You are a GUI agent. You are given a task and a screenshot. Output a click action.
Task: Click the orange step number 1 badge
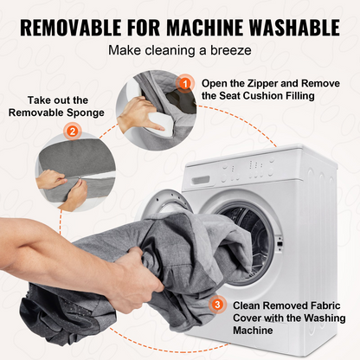point(185,84)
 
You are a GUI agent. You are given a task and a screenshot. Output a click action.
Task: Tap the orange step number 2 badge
point(73,132)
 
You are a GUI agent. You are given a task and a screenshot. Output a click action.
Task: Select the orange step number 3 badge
point(217,305)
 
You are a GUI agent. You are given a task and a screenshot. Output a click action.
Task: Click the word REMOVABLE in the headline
point(71,28)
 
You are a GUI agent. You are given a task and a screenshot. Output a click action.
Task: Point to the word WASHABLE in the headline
point(294,28)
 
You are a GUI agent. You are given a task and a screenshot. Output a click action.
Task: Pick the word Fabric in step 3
point(325,305)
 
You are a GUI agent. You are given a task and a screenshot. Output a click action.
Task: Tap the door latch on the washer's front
point(280,243)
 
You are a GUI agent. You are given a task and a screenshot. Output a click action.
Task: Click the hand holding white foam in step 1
point(136,115)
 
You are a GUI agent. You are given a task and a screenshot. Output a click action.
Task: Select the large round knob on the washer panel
point(271,170)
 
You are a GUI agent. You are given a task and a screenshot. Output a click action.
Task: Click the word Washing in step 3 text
point(325,318)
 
